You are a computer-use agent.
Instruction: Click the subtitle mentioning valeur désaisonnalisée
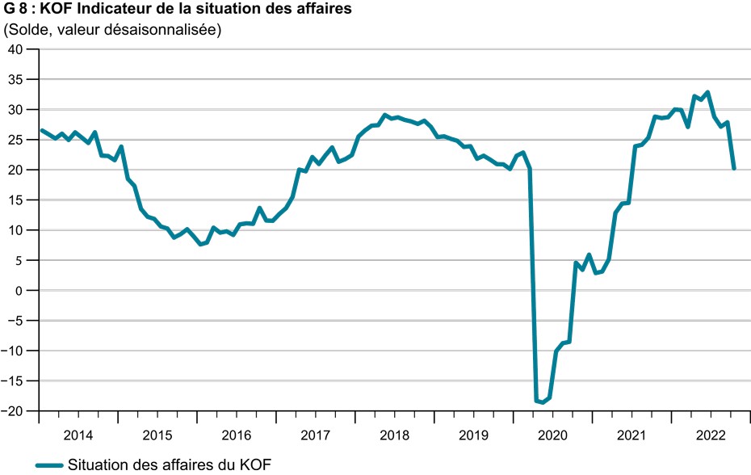[112, 31]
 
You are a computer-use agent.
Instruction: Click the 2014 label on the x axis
[78, 436]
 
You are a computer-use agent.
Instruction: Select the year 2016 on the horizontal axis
[236, 436]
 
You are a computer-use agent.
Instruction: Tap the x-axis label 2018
[394, 436]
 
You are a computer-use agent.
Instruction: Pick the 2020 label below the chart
[552, 436]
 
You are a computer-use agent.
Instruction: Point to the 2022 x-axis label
[711, 436]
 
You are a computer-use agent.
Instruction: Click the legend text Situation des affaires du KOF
[170, 464]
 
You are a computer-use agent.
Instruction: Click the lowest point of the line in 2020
[543, 402]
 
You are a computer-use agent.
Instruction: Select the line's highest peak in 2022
[707, 92]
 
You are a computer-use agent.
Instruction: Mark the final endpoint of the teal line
[733, 169]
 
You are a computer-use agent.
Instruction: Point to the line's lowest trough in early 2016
[200, 244]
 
